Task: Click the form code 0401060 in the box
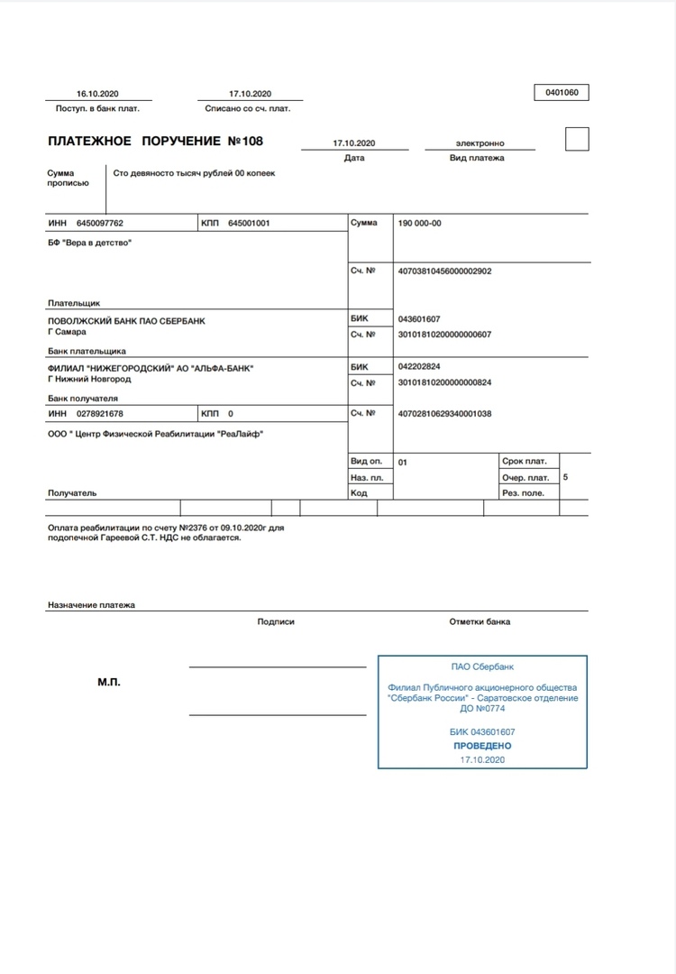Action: [x=562, y=92]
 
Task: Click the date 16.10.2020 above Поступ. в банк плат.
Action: [x=97, y=94]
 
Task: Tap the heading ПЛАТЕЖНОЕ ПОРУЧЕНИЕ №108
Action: [x=155, y=142]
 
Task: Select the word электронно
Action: [x=480, y=143]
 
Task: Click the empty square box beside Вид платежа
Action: [x=576, y=140]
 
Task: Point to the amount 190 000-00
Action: [x=420, y=224]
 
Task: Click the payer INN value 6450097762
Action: [x=100, y=224]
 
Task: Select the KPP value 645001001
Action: [x=249, y=224]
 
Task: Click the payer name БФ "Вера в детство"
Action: [x=89, y=243]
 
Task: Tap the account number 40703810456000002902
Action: [x=444, y=271]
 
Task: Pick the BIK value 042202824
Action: [x=419, y=367]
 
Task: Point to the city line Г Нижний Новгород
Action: [x=89, y=379]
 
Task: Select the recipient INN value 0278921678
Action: [x=100, y=414]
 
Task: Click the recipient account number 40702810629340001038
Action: [x=444, y=414]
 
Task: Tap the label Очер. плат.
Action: [x=525, y=477]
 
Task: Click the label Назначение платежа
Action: [x=91, y=605]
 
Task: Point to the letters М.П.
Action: [x=109, y=682]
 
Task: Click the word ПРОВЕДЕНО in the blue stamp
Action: [x=482, y=746]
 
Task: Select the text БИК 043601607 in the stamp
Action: [x=482, y=731]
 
